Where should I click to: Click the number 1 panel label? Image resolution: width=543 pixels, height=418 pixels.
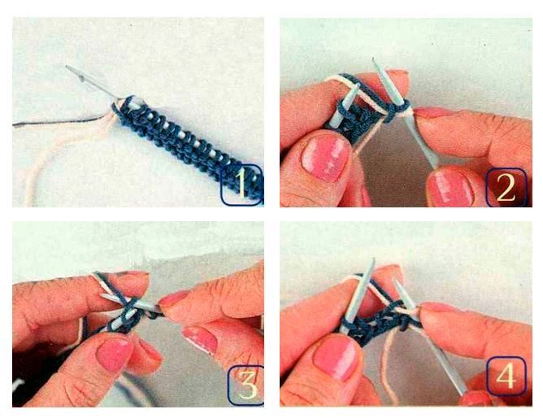point(241,185)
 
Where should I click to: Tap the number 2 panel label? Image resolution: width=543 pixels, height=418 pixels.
point(506,187)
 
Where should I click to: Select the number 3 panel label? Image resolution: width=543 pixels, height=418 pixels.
point(246,385)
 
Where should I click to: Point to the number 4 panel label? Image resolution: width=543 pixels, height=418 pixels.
point(506,376)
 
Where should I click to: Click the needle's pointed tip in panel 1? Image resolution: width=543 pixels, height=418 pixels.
point(67,66)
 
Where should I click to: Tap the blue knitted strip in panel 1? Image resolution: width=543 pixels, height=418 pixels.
point(187,146)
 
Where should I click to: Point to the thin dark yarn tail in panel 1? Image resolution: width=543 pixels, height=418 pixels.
point(59,122)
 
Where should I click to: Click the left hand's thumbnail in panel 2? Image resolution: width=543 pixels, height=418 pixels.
point(324,157)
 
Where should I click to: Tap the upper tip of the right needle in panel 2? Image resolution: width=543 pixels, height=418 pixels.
point(373,59)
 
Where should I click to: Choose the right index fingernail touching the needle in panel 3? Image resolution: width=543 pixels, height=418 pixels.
point(172,298)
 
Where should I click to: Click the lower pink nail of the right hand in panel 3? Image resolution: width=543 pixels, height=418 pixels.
point(200,340)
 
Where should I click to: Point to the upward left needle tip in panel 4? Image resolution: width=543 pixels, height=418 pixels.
point(373,259)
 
